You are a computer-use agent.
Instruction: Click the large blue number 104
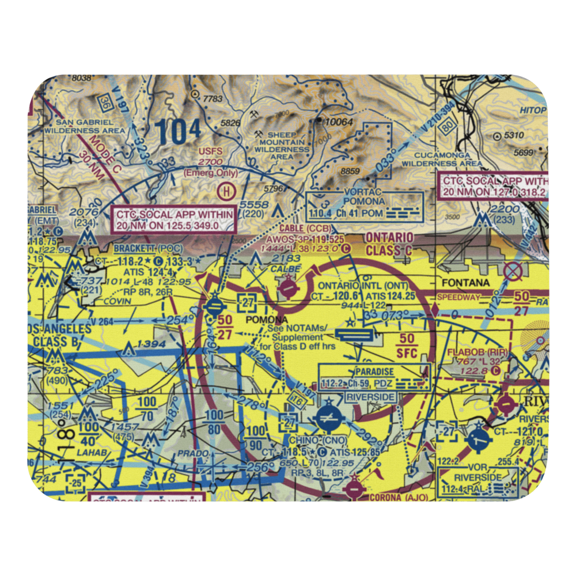(179, 132)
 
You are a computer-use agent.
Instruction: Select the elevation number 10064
(338, 122)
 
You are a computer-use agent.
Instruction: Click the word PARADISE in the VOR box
(374, 372)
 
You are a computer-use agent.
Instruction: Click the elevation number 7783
(212, 99)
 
